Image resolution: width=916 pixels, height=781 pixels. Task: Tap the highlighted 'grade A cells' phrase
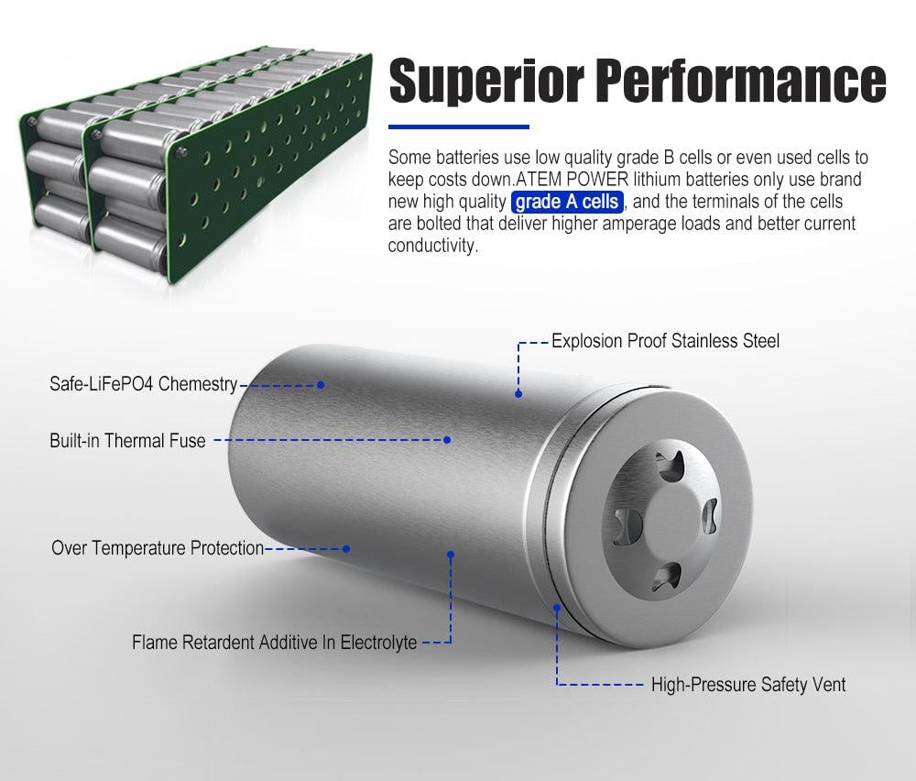[x=567, y=202]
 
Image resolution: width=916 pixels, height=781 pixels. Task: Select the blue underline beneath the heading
[x=459, y=126]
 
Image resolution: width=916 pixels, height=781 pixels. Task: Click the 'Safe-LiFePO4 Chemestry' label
[x=143, y=384]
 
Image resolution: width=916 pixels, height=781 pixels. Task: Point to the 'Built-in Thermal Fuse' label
[x=127, y=440]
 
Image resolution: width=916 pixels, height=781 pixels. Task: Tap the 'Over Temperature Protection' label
[x=158, y=548]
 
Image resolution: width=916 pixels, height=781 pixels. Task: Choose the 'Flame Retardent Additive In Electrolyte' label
[x=274, y=643]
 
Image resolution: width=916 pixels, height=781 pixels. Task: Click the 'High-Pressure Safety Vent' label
[x=748, y=685]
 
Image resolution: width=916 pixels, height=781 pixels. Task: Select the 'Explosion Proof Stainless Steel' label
[x=665, y=341]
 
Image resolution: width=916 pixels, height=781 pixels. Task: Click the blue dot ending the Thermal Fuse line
[x=447, y=440]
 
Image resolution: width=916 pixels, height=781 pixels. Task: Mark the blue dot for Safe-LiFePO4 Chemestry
[x=321, y=385]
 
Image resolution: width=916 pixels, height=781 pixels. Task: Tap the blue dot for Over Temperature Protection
[x=346, y=549]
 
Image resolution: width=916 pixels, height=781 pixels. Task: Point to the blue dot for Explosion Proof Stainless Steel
[x=518, y=394]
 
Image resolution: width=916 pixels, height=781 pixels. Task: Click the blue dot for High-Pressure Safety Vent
[x=557, y=608]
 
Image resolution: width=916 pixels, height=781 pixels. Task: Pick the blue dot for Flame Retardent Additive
[x=451, y=554]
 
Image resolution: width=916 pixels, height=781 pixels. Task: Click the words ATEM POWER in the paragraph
[x=572, y=180]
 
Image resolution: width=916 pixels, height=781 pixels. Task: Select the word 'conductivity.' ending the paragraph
[x=433, y=246]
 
